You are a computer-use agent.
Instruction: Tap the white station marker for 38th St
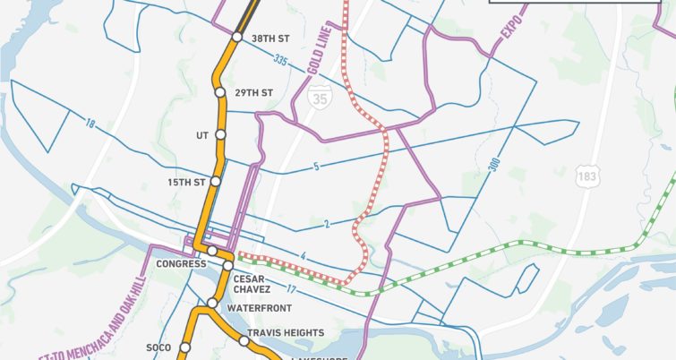(237, 38)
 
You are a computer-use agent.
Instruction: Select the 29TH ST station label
(252, 92)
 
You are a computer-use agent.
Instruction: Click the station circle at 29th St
(219, 92)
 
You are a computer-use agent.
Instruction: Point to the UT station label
(201, 135)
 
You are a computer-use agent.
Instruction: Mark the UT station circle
(220, 135)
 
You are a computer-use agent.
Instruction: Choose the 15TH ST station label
(187, 182)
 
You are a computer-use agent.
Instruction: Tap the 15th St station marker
(214, 182)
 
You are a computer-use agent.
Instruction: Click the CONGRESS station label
(181, 264)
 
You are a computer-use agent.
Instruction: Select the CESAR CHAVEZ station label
(252, 283)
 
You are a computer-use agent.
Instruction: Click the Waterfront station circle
(212, 304)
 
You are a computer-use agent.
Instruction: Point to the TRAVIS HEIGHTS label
(286, 333)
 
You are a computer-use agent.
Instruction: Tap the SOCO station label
(158, 347)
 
